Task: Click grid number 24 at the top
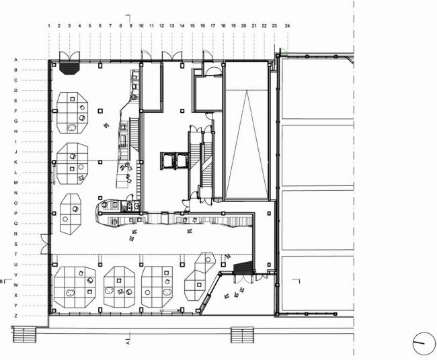pos(287,26)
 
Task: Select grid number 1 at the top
pos(49,26)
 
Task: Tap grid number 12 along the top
pos(162,26)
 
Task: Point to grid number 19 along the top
pos(233,26)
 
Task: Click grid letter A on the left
pos(15,60)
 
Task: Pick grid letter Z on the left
pos(15,316)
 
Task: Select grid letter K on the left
pos(15,162)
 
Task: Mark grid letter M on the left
pos(15,183)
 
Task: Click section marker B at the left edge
pos(3,281)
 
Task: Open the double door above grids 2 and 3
pos(69,55)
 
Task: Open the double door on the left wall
pos(44,239)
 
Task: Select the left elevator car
pos(167,161)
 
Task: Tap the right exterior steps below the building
pos(242,334)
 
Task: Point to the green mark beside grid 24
pos(284,50)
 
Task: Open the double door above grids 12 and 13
pos(172,55)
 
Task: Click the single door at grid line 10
pos(143,55)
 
